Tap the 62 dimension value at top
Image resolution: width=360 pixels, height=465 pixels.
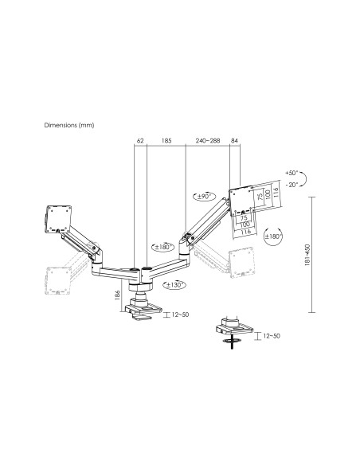point(140,142)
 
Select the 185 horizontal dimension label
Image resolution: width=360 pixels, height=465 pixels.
point(166,142)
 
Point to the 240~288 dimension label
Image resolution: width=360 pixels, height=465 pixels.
point(207,142)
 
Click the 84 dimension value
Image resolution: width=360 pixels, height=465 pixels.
point(234,142)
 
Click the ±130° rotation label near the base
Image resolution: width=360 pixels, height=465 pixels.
point(177,283)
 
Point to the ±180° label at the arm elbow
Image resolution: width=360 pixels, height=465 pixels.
point(166,246)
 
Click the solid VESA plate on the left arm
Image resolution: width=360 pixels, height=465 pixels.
point(58,217)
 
